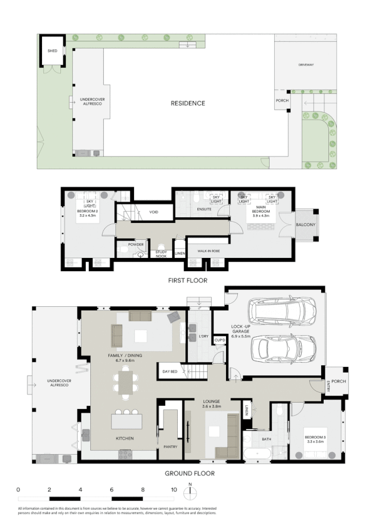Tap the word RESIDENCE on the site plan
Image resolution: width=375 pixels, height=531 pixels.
click(x=188, y=103)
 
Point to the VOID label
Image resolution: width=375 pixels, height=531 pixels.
click(x=154, y=212)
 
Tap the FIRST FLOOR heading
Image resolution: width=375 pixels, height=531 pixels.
click(x=188, y=281)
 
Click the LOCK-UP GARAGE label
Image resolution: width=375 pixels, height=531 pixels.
click(x=241, y=330)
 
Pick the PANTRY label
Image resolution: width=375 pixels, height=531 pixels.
click(x=170, y=446)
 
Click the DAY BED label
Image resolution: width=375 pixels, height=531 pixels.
click(x=170, y=371)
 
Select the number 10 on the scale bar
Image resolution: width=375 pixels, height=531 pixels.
click(x=173, y=489)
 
